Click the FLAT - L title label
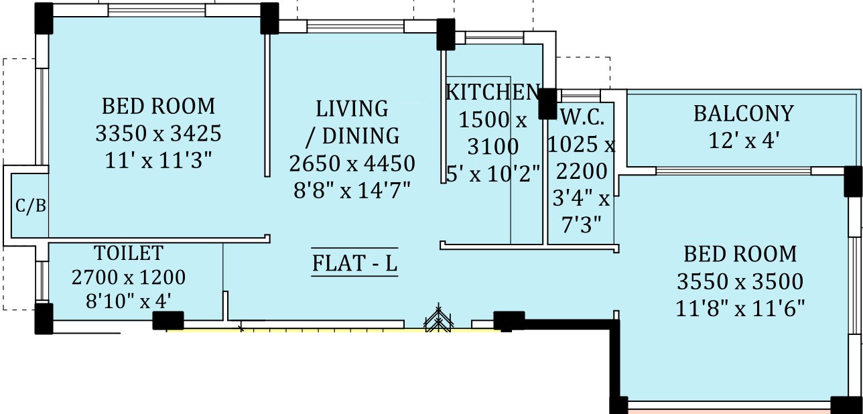[354, 263]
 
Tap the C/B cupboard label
[31, 206]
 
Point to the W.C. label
[582, 117]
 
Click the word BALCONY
[744, 113]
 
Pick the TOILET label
[129, 253]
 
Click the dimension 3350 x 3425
[158, 133]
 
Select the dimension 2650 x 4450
[352, 163]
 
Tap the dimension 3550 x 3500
[740, 281]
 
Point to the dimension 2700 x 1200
[129, 277]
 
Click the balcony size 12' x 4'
[744, 140]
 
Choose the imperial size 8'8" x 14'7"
[352, 190]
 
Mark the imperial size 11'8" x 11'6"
[740, 308]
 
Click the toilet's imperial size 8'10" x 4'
[129, 301]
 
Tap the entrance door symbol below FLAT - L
[438, 318]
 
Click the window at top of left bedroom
[156, 11]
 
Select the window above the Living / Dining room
[355, 26]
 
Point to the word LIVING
[352, 109]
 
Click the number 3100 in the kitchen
[493, 146]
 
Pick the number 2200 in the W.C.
[582, 171]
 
